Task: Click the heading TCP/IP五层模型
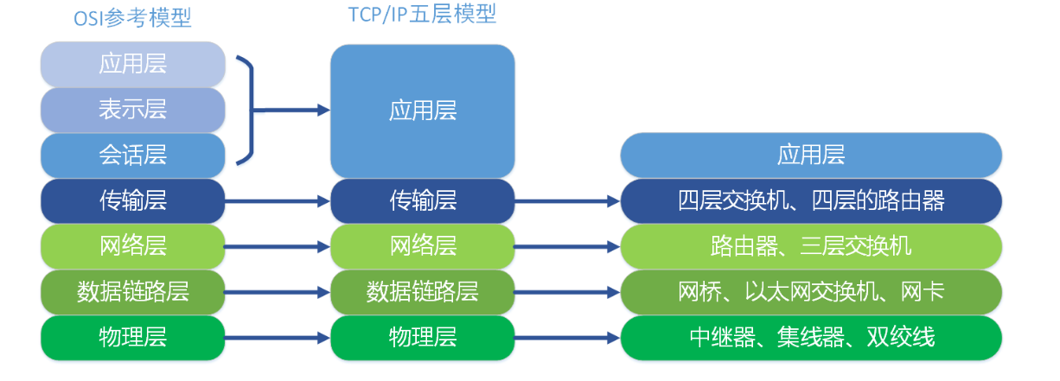coord(422,15)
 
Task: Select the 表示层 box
coord(132,110)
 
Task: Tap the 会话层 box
coord(132,155)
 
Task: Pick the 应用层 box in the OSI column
coord(132,65)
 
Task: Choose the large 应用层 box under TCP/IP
coord(422,111)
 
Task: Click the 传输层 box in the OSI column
coord(132,200)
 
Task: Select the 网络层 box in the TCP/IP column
coord(422,246)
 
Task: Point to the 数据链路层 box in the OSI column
coord(132,291)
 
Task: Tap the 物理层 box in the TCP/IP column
coord(422,337)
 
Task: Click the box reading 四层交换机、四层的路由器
coord(811,200)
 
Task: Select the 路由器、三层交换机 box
coord(811,246)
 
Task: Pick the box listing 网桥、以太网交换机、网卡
coord(811,291)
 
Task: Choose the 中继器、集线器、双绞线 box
coord(811,337)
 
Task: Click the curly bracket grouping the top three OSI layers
coord(249,110)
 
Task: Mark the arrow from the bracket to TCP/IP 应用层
coord(292,110)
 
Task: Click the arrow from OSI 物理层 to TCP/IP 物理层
coord(278,337)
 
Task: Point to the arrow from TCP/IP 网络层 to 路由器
coord(567,246)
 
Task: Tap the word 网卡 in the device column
coord(924,291)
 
